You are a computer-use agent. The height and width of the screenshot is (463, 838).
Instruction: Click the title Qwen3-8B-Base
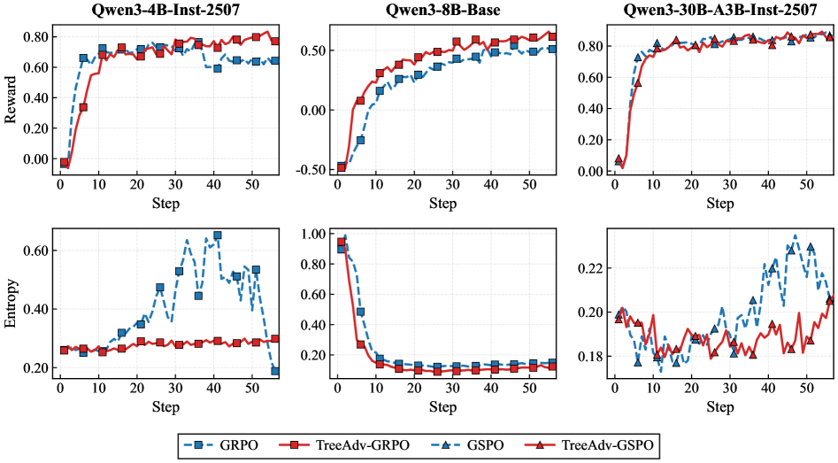(443, 11)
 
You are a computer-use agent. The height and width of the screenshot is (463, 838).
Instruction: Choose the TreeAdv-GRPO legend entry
(351, 444)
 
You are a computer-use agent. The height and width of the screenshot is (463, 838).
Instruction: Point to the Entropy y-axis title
(12, 305)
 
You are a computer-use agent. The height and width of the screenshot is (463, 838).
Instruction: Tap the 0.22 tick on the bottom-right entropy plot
(593, 268)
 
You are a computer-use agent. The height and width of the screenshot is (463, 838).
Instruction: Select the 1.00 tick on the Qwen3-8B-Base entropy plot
(314, 235)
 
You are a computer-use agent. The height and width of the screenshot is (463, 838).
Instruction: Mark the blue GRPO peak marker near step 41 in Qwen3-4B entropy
(218, 235)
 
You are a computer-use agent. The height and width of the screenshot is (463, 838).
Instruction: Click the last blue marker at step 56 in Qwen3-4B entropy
(275, 371)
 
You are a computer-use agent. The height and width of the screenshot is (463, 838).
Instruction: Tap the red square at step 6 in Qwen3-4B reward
(83, 107)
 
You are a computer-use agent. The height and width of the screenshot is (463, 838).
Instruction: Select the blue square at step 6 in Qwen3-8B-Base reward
(360, 140)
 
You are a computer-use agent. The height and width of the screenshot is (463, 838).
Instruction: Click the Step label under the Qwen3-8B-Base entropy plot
(443, 405)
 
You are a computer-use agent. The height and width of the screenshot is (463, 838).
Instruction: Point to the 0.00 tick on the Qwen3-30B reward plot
(593, 171)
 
